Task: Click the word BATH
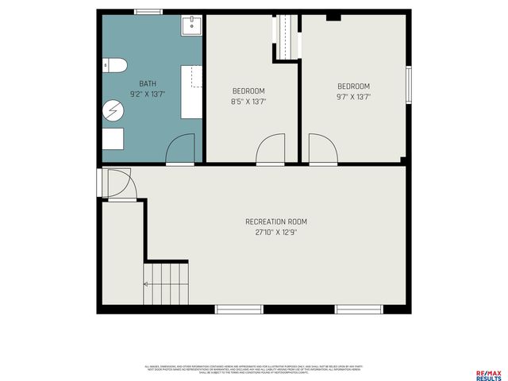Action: tap(148, 83)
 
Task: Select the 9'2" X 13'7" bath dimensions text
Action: tap(148, 94)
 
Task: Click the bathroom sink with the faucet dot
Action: tap(191, 25)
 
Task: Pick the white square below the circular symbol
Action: tap(112, 139)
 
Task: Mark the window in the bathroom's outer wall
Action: tap(148, 11)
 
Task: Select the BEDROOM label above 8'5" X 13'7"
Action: tap(248, 90)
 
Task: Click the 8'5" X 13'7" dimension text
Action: tap(248, 101)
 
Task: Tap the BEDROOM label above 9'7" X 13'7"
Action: tap(353, 86)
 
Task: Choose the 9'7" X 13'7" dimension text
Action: tap(353, 96)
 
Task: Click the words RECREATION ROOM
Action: tap(275, 221)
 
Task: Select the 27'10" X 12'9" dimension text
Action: tap(275, 233)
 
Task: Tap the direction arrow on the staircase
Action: tap(147, 283)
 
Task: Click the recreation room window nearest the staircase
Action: tap(239, 309)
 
